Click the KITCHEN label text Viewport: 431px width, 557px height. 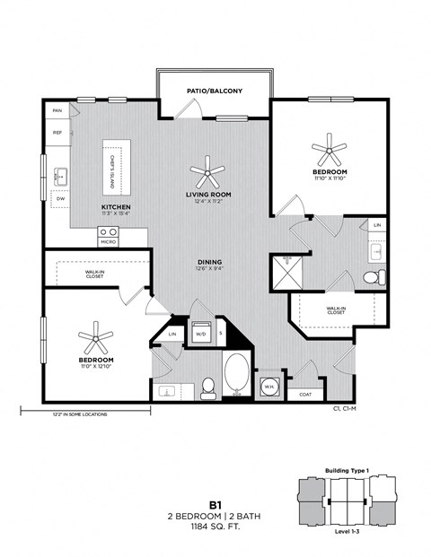[x=116, y=205]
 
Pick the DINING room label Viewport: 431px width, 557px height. [x=209, y=262]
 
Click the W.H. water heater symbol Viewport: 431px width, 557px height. [x=269, y=387]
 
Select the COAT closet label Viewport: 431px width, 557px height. [x=304, y=393]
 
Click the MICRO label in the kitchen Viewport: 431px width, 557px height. [x=108, y=242]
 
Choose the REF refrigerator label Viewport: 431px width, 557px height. [x=57, y=133]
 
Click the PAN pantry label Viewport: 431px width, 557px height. [x=57, y=110]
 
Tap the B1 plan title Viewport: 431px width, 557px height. [x=215, y=504]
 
